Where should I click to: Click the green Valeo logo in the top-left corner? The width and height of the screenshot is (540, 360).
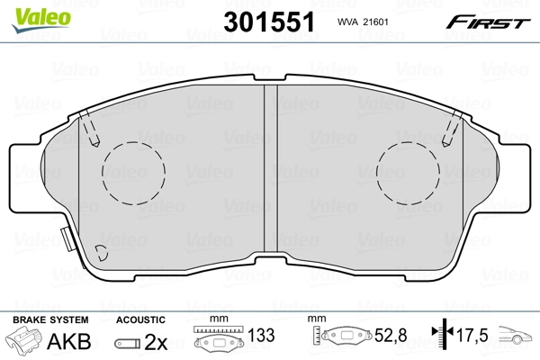pos(29,11)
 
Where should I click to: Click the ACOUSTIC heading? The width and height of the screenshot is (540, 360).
pos(139,319)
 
